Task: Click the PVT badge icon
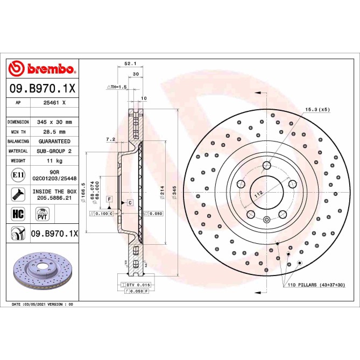pos(41,215)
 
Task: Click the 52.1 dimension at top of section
pos(130,63)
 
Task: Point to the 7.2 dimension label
pos(111,139)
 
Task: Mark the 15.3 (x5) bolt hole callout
pos(317,110)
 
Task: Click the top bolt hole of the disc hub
pos(267,165)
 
